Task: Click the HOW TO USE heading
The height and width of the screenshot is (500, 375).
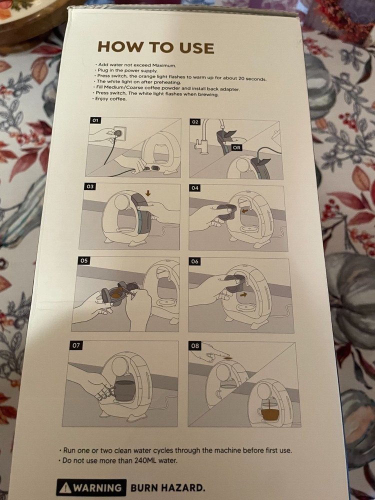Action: pyautogui.click(x=155, y=47)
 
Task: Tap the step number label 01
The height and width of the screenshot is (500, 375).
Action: pyautogui.click(x=95, y=120)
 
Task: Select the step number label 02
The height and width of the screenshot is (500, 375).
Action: pyautogui.click(x=195, y=122)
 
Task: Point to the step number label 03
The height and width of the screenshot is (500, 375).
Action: pyautogui.click(x=90, y=186)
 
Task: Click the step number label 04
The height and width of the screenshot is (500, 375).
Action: pyautogui.click(x=195, y=188)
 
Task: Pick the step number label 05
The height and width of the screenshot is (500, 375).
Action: pyautogui.click(x=84, y=260)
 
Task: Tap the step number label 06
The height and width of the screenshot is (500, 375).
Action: pyautogui.click(x=195, y=262)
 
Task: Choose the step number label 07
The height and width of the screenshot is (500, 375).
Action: pyautogui.click(x=76, y=345)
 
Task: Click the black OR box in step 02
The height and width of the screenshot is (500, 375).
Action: pyautogui.click(x=237, y=148)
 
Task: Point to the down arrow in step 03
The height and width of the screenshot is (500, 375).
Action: pyautogui.click(x=147, y=193)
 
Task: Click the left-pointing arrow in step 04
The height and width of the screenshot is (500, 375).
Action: pyautogui.click(x=245, y=211)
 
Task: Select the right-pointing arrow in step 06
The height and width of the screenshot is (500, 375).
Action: pyautogui.click(x=244, y=295)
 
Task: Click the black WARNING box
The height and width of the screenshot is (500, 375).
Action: pyautogui.click(x=91, y=487)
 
